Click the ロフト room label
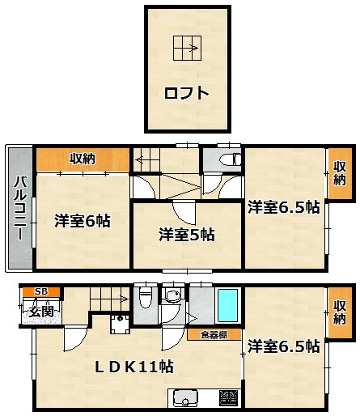tap(187, 93)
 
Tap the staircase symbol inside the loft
tap(187, 48)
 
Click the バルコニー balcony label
tap(20, 208)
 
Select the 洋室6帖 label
tap(83, 221)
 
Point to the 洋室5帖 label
tap(187, 235)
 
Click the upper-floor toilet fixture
tap(230, 159)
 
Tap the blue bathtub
tap(228, 306)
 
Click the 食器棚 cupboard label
tap(214, 335)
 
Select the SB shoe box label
tap(41, 291)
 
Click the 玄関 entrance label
tap(41, 312)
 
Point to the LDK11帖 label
tap(134, 367)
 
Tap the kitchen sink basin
tap(185, 397)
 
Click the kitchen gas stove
tap(229, 397)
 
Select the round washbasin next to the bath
tap(172, 295)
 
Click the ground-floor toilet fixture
tap(146, 298)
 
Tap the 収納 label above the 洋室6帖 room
tap(83, 159)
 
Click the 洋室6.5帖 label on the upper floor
tap(284, 207)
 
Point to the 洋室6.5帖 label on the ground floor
tap(284, 346)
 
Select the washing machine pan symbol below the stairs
tap(121, 325)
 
